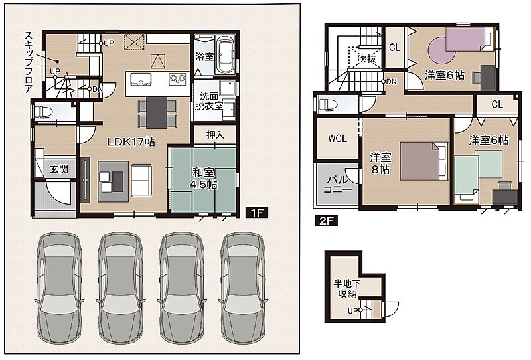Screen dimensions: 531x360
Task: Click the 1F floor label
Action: pos(257,213)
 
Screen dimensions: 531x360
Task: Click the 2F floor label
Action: pos(327,221)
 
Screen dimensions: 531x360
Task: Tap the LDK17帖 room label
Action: pos(131,142)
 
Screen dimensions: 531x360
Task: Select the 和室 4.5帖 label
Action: pos(204,179)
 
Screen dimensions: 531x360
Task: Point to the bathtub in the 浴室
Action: pos(225,55)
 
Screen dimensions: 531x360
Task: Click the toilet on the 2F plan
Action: pos(327,104)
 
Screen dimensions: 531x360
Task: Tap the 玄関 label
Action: pos(59,169)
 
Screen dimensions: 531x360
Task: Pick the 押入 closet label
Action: pos(215,135)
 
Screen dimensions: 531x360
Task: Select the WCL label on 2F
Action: pos(337,138)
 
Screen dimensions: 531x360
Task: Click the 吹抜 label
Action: pos(367,59)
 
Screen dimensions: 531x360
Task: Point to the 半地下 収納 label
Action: pos(347,288)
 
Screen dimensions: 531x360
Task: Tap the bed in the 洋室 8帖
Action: pos(424,161)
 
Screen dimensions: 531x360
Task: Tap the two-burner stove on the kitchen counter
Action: pos(177,79)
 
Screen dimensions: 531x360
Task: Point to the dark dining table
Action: pos(157,112)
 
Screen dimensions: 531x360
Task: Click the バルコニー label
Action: pos(337,184)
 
